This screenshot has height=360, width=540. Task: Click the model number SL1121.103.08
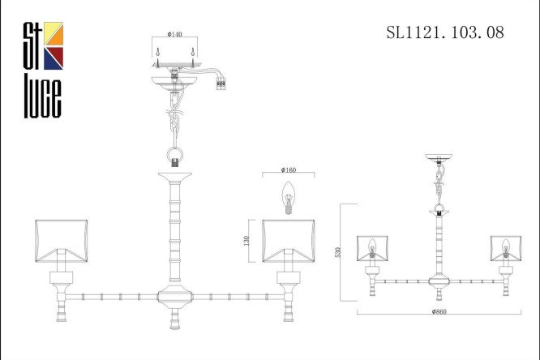coord(445,32)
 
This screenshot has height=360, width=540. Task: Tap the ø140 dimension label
coord(174,34)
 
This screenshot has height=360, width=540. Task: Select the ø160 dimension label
coord(289,169)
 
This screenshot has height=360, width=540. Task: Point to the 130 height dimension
coord(246,241)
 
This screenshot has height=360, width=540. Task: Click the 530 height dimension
coord(337,252)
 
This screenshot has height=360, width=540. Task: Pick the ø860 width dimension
coord(439,312)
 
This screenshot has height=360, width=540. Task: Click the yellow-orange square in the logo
coord(54,34)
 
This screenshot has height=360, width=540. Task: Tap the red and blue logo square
coord(54,58)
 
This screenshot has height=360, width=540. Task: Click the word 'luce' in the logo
coord(43,99)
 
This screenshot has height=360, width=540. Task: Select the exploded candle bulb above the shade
coord(289,198)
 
